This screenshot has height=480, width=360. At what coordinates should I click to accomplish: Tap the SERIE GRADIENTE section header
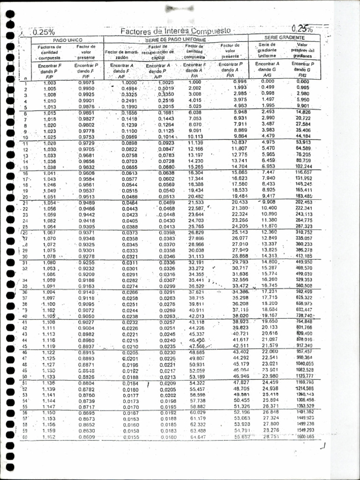(285, 37)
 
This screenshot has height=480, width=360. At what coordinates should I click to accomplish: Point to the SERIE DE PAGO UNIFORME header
(175, 40)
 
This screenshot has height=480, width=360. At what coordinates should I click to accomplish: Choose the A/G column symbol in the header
(267, 75)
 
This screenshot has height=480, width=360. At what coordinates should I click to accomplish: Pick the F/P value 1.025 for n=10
(50, 137)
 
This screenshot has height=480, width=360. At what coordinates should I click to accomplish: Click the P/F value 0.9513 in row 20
(86, 197)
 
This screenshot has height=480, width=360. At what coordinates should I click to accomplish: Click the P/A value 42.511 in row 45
(240, 346)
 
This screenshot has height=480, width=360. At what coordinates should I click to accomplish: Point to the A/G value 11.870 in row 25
(269, 226)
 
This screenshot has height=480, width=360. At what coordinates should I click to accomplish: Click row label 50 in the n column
(24, 376)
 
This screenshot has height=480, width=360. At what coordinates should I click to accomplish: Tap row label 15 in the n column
(25, 167)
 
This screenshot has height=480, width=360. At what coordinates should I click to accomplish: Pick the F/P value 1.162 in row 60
(49, 437)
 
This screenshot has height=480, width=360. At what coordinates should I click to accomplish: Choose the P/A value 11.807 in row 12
(240, 149)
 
